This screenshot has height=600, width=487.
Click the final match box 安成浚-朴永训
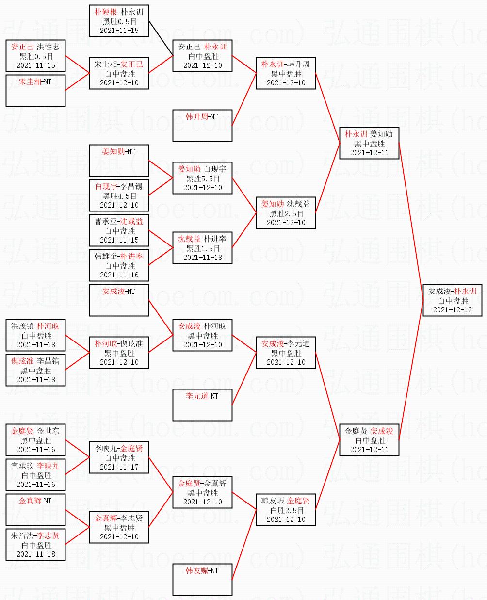point(453,300)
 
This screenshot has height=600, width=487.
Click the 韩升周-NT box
point(202,126)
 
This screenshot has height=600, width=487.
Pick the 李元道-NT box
point(202,405)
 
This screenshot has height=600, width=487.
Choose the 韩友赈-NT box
point(202,580)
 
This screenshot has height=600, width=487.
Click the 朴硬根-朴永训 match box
point(119,21)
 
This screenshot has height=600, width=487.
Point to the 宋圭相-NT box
point(35,91)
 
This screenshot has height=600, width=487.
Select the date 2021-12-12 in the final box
point(453,309)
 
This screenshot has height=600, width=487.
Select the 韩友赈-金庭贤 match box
point(286,510)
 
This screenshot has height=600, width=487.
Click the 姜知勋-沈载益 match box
point(286,213)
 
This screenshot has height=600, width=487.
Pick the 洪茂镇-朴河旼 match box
point(35,335)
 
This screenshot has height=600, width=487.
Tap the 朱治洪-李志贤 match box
point(35,545)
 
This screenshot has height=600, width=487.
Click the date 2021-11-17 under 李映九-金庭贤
point(119,467)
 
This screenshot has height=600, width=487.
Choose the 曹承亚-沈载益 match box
point(119,230)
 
